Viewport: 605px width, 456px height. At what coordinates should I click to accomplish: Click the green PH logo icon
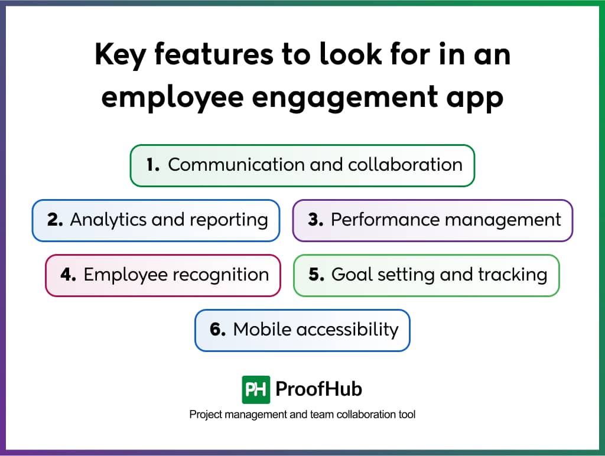click(256, 390)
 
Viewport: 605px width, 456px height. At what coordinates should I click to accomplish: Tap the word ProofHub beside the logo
click(318, 389)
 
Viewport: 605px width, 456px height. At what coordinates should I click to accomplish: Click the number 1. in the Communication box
click(153, 165)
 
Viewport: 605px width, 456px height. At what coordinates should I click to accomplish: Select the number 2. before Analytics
click(55, 220)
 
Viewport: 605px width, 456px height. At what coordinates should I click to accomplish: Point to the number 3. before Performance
click(315, 220)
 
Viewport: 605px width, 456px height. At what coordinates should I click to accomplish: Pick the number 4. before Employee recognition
click(69, 275)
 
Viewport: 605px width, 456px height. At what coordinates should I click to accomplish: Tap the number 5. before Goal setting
click(317, 275)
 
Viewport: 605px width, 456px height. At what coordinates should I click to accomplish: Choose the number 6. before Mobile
click(217, 330)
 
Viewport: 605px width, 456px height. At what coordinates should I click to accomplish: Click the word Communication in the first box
click(236, 165)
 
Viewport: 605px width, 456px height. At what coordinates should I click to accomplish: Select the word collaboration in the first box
click(405, 165)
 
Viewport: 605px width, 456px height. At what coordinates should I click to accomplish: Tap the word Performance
click(385, 220)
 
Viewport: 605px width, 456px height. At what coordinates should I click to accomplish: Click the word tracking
click(513, 275)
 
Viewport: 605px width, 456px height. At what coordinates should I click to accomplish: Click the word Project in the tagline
click(206, 415)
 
